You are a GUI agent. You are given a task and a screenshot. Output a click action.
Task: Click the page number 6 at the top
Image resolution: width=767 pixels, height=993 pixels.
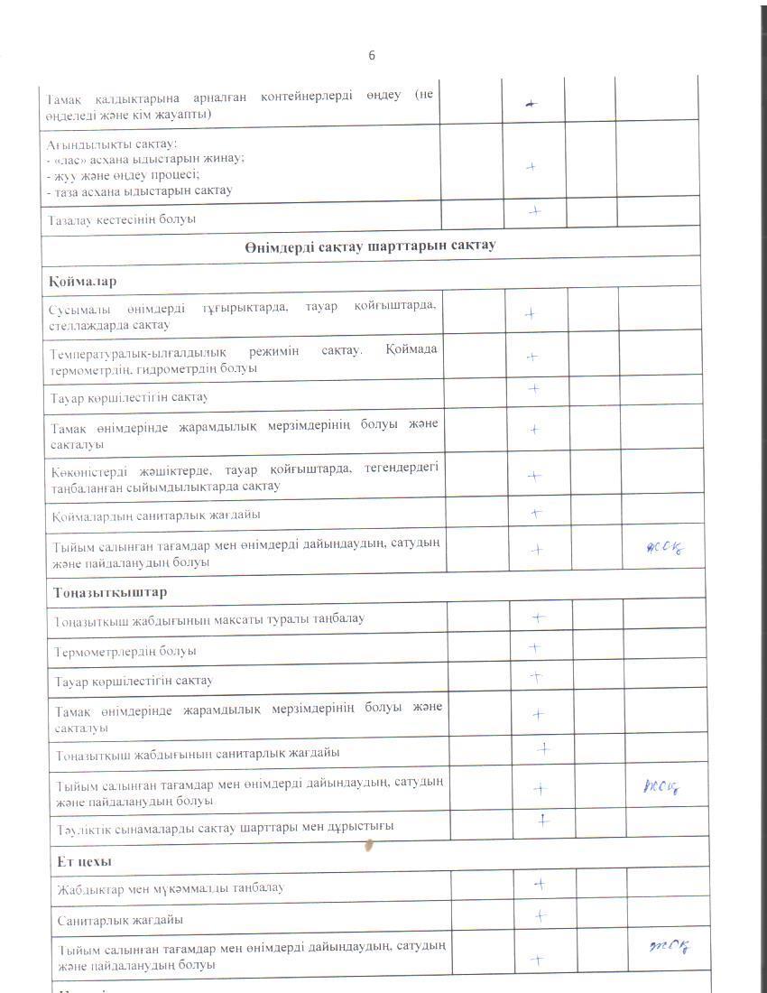click(372, 56)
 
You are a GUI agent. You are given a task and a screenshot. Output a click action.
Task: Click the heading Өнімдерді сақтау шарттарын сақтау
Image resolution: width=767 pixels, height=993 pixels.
click(369, 245)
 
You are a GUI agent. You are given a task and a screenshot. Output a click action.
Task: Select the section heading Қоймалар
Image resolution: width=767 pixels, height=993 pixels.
click(83, 281)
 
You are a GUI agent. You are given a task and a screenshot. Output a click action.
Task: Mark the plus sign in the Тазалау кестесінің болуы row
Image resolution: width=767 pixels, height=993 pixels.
click(534, 210)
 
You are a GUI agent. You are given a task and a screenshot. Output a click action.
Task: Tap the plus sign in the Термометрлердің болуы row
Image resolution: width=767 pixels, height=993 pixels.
click(534, 647)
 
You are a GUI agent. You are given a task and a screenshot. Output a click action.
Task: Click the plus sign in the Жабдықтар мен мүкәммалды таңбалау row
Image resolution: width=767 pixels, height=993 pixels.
click(539, 885)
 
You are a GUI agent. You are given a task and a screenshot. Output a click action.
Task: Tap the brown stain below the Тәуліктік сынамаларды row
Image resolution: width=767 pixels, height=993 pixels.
click(368, 846)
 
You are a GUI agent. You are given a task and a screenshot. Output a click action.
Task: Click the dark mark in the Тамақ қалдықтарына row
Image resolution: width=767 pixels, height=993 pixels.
click(531, 105)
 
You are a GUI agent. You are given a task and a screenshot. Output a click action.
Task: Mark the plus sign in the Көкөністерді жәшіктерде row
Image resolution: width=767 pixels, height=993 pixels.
click(533, 476)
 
